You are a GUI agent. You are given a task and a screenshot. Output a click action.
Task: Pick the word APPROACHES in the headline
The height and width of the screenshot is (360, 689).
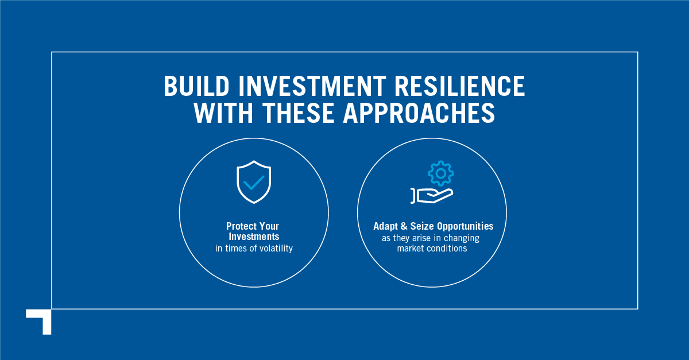click(419, 113)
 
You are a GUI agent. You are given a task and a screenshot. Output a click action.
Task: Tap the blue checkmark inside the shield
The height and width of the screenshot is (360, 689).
click(254, 183)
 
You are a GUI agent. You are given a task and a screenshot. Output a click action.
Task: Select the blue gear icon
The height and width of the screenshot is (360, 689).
click(441, 173)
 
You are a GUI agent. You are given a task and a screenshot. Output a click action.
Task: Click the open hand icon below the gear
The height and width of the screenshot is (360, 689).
click(432, 196)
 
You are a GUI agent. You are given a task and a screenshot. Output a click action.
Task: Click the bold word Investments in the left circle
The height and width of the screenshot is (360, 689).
click(254, 237)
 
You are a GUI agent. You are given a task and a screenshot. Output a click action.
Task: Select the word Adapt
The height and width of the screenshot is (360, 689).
click(386, 226)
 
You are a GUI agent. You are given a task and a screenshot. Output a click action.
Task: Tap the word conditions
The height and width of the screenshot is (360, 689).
click(447, 249)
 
